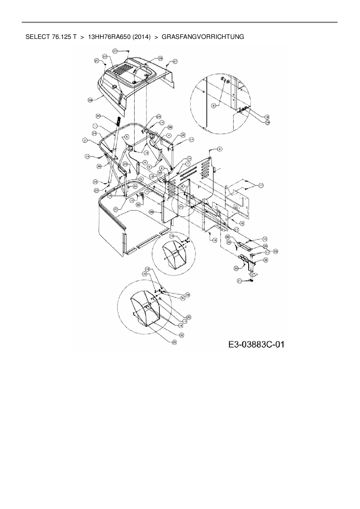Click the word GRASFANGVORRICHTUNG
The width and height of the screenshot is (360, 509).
[203, 37]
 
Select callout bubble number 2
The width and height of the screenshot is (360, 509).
[85, 140]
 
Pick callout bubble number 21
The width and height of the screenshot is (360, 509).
[239, 281]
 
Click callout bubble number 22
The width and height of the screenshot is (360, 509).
[229, 242]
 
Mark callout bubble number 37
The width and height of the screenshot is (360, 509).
[116, 209]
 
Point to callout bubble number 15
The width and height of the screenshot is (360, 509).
[264, 239]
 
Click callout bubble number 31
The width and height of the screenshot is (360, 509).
[183, 298]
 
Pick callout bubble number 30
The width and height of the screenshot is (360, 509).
[182, 335]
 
